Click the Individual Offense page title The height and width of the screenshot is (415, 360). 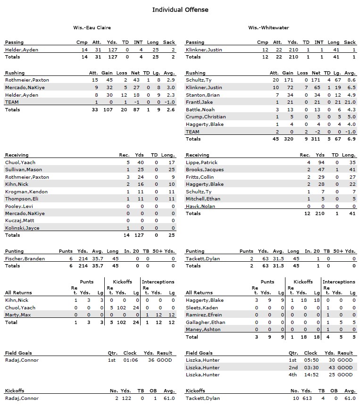180,9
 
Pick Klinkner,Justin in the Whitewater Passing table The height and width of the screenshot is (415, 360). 204,50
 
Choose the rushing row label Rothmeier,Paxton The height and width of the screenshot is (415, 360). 27,80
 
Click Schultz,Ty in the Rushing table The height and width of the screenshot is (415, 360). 199,80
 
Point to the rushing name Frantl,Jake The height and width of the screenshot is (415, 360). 199,102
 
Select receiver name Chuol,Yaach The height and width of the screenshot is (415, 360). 20,162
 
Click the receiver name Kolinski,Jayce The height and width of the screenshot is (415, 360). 22,228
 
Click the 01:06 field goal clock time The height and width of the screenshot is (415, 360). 130,360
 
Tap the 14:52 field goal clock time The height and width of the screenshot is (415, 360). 311,374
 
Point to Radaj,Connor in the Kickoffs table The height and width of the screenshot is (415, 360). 22,398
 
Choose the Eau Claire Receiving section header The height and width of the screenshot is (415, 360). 17,155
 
